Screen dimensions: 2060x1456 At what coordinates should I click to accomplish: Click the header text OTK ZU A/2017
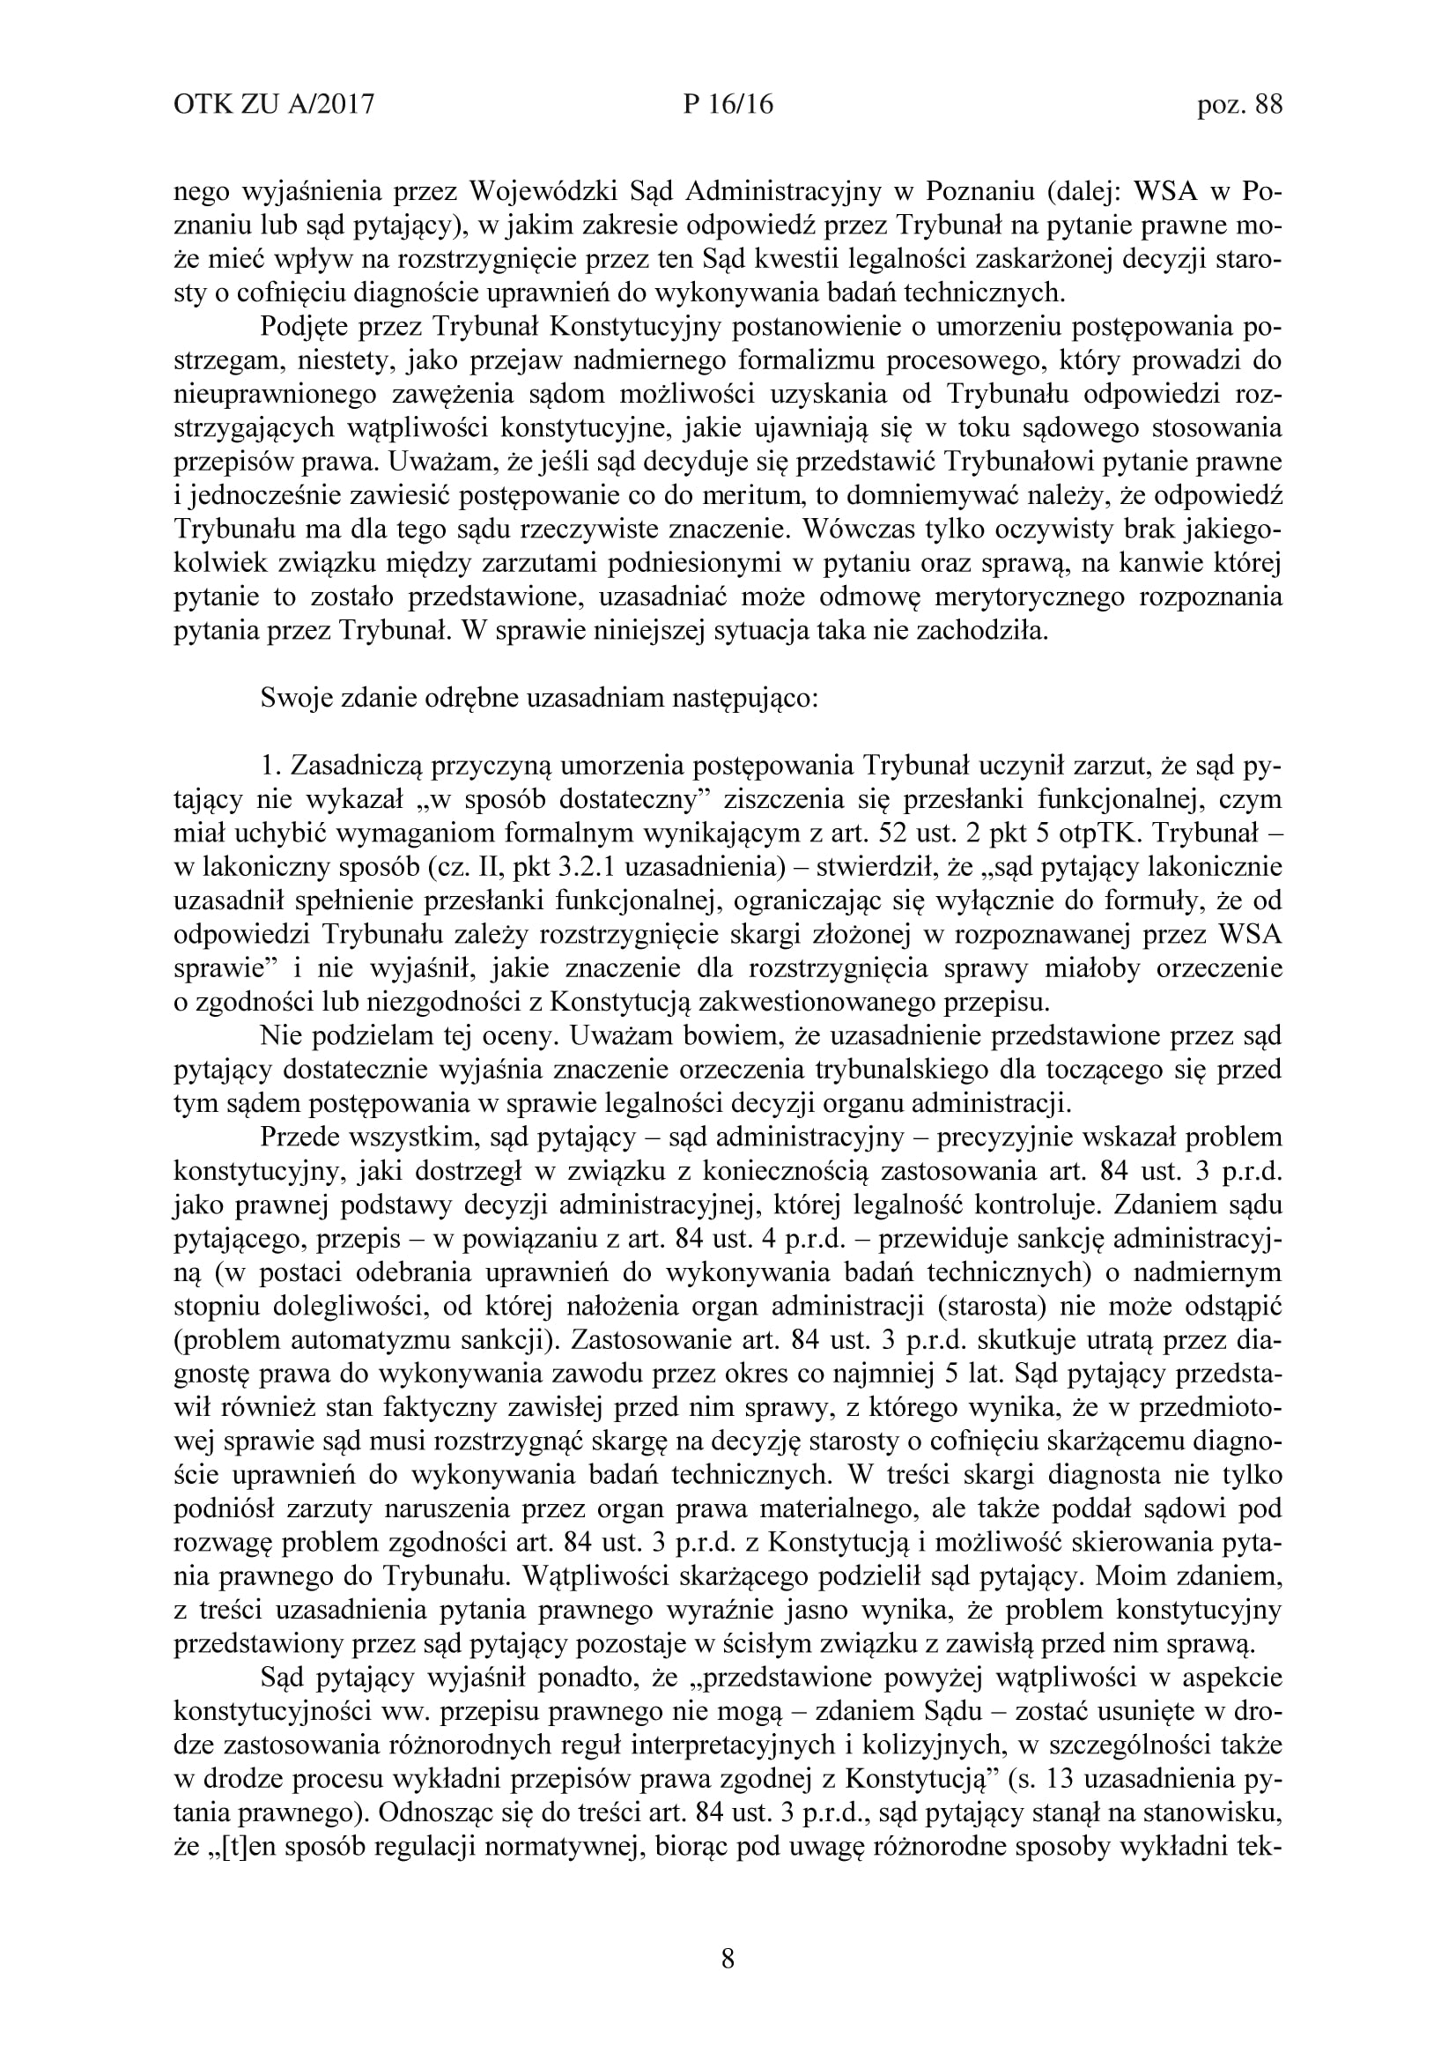[x=273, y=106]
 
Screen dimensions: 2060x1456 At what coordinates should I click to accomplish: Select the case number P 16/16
[x=728, y=106]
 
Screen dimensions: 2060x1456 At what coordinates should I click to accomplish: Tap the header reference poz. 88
[x=1240, y=106]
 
